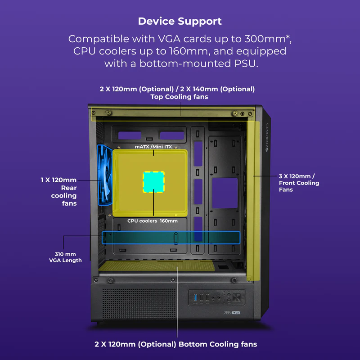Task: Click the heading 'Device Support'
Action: point(180,21)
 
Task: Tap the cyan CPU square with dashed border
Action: point(153,182)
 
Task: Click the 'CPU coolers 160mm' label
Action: point(152,221)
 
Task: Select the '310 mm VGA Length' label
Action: point(65,257)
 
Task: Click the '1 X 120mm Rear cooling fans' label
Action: point(64,191)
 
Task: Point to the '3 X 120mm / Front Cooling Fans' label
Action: point(299,183)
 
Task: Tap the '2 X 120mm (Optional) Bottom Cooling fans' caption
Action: point(175,344)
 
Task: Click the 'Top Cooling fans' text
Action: point(179,97)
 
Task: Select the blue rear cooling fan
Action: point(104,175)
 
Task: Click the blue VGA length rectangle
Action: point(171,237)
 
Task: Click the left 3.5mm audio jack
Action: point(219,297)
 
